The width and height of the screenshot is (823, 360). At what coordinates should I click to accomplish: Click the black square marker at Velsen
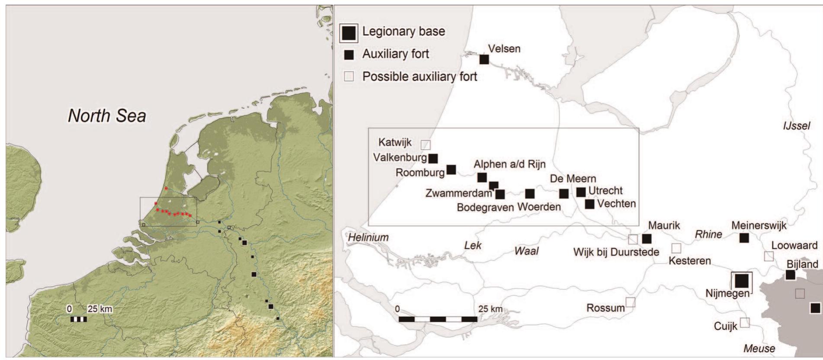(484, 59)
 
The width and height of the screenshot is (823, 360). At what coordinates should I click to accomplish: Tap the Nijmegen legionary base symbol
(742, 281)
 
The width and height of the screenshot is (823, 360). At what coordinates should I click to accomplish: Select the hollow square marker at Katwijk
(426, 145)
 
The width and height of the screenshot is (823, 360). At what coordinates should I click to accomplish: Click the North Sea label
(107, 116)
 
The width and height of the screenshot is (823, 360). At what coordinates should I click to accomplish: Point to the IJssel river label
(796, 126)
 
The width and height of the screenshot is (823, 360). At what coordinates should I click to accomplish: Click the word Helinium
(368, 237)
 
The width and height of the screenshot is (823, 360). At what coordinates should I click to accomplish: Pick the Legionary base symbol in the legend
(349, 33)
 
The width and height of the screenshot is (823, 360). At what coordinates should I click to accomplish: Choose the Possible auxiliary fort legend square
(349, 77)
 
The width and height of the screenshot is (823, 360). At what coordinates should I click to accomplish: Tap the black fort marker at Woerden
(530, 193)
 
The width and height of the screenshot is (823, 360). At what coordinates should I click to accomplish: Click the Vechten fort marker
(589, 204)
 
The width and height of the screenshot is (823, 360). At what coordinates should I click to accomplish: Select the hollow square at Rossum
(630, 302)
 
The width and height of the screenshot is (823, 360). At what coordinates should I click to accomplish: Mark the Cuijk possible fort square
(745, 322)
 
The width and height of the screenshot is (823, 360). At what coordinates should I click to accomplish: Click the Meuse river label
(759, 348)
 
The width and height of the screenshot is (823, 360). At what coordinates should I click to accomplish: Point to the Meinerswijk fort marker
(744, 238)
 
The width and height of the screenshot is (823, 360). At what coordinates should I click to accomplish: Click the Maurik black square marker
(646, 238)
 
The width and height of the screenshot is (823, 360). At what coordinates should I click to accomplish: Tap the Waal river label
(526, 251)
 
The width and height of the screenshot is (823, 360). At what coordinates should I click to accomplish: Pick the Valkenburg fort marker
(433, 158)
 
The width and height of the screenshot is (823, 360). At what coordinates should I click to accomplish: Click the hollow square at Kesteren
(676, 248)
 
